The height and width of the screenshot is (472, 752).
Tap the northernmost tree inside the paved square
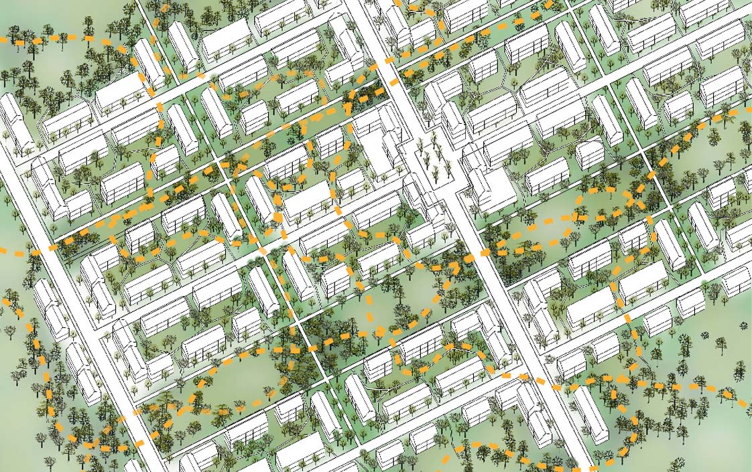tap(421, 145)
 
